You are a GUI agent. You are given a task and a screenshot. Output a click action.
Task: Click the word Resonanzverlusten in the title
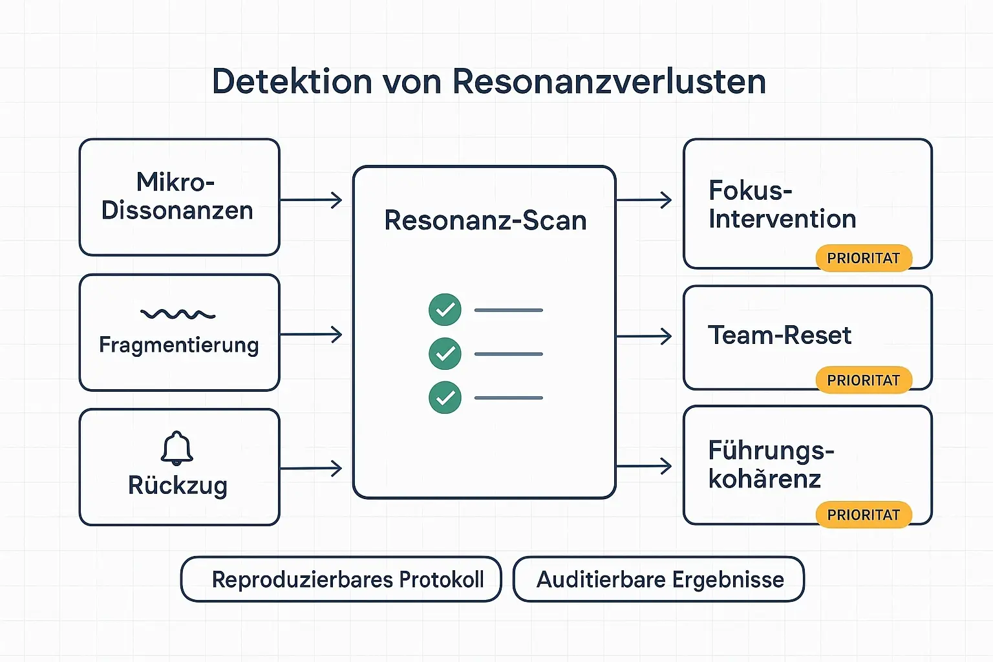click(609, 82)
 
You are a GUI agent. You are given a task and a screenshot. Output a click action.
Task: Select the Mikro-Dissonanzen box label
click(177, 197)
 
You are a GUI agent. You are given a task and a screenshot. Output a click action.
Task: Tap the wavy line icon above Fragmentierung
click(178, 314)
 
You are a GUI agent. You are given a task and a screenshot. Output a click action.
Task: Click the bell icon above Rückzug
click(177, 447)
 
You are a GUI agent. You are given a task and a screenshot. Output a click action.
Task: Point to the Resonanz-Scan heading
click(485, 220)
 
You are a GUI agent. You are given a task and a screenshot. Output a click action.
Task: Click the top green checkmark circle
click(445, 310)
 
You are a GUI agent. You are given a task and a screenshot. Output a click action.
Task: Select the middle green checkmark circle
click(445, 354)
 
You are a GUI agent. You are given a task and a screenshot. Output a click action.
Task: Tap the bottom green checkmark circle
click(445, 398)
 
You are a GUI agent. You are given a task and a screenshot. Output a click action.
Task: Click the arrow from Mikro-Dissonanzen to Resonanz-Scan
click(312, 200)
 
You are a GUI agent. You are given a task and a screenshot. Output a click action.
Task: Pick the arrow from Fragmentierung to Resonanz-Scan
click(312, 335)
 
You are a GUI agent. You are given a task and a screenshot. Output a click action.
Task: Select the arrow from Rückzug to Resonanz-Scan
click(312, 468)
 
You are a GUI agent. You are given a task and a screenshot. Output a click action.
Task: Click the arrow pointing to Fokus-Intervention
click(645, 200)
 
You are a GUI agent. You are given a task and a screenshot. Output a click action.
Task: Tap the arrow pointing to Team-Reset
click(645, 336)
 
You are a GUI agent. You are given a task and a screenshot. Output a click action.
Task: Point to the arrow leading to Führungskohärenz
click(645, 466)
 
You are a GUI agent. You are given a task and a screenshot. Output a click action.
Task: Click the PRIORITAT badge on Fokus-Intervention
click(863, 258)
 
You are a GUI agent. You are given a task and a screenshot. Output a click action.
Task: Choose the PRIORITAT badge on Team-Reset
click(863, 380)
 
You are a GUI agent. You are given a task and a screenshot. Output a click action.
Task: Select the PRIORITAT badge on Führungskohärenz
click(863, 515)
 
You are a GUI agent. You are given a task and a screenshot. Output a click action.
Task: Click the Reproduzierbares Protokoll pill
click(341, 579)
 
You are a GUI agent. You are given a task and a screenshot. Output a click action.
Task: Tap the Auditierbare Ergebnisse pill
click(659, 579)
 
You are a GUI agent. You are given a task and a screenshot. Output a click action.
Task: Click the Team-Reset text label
click(780, 336)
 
